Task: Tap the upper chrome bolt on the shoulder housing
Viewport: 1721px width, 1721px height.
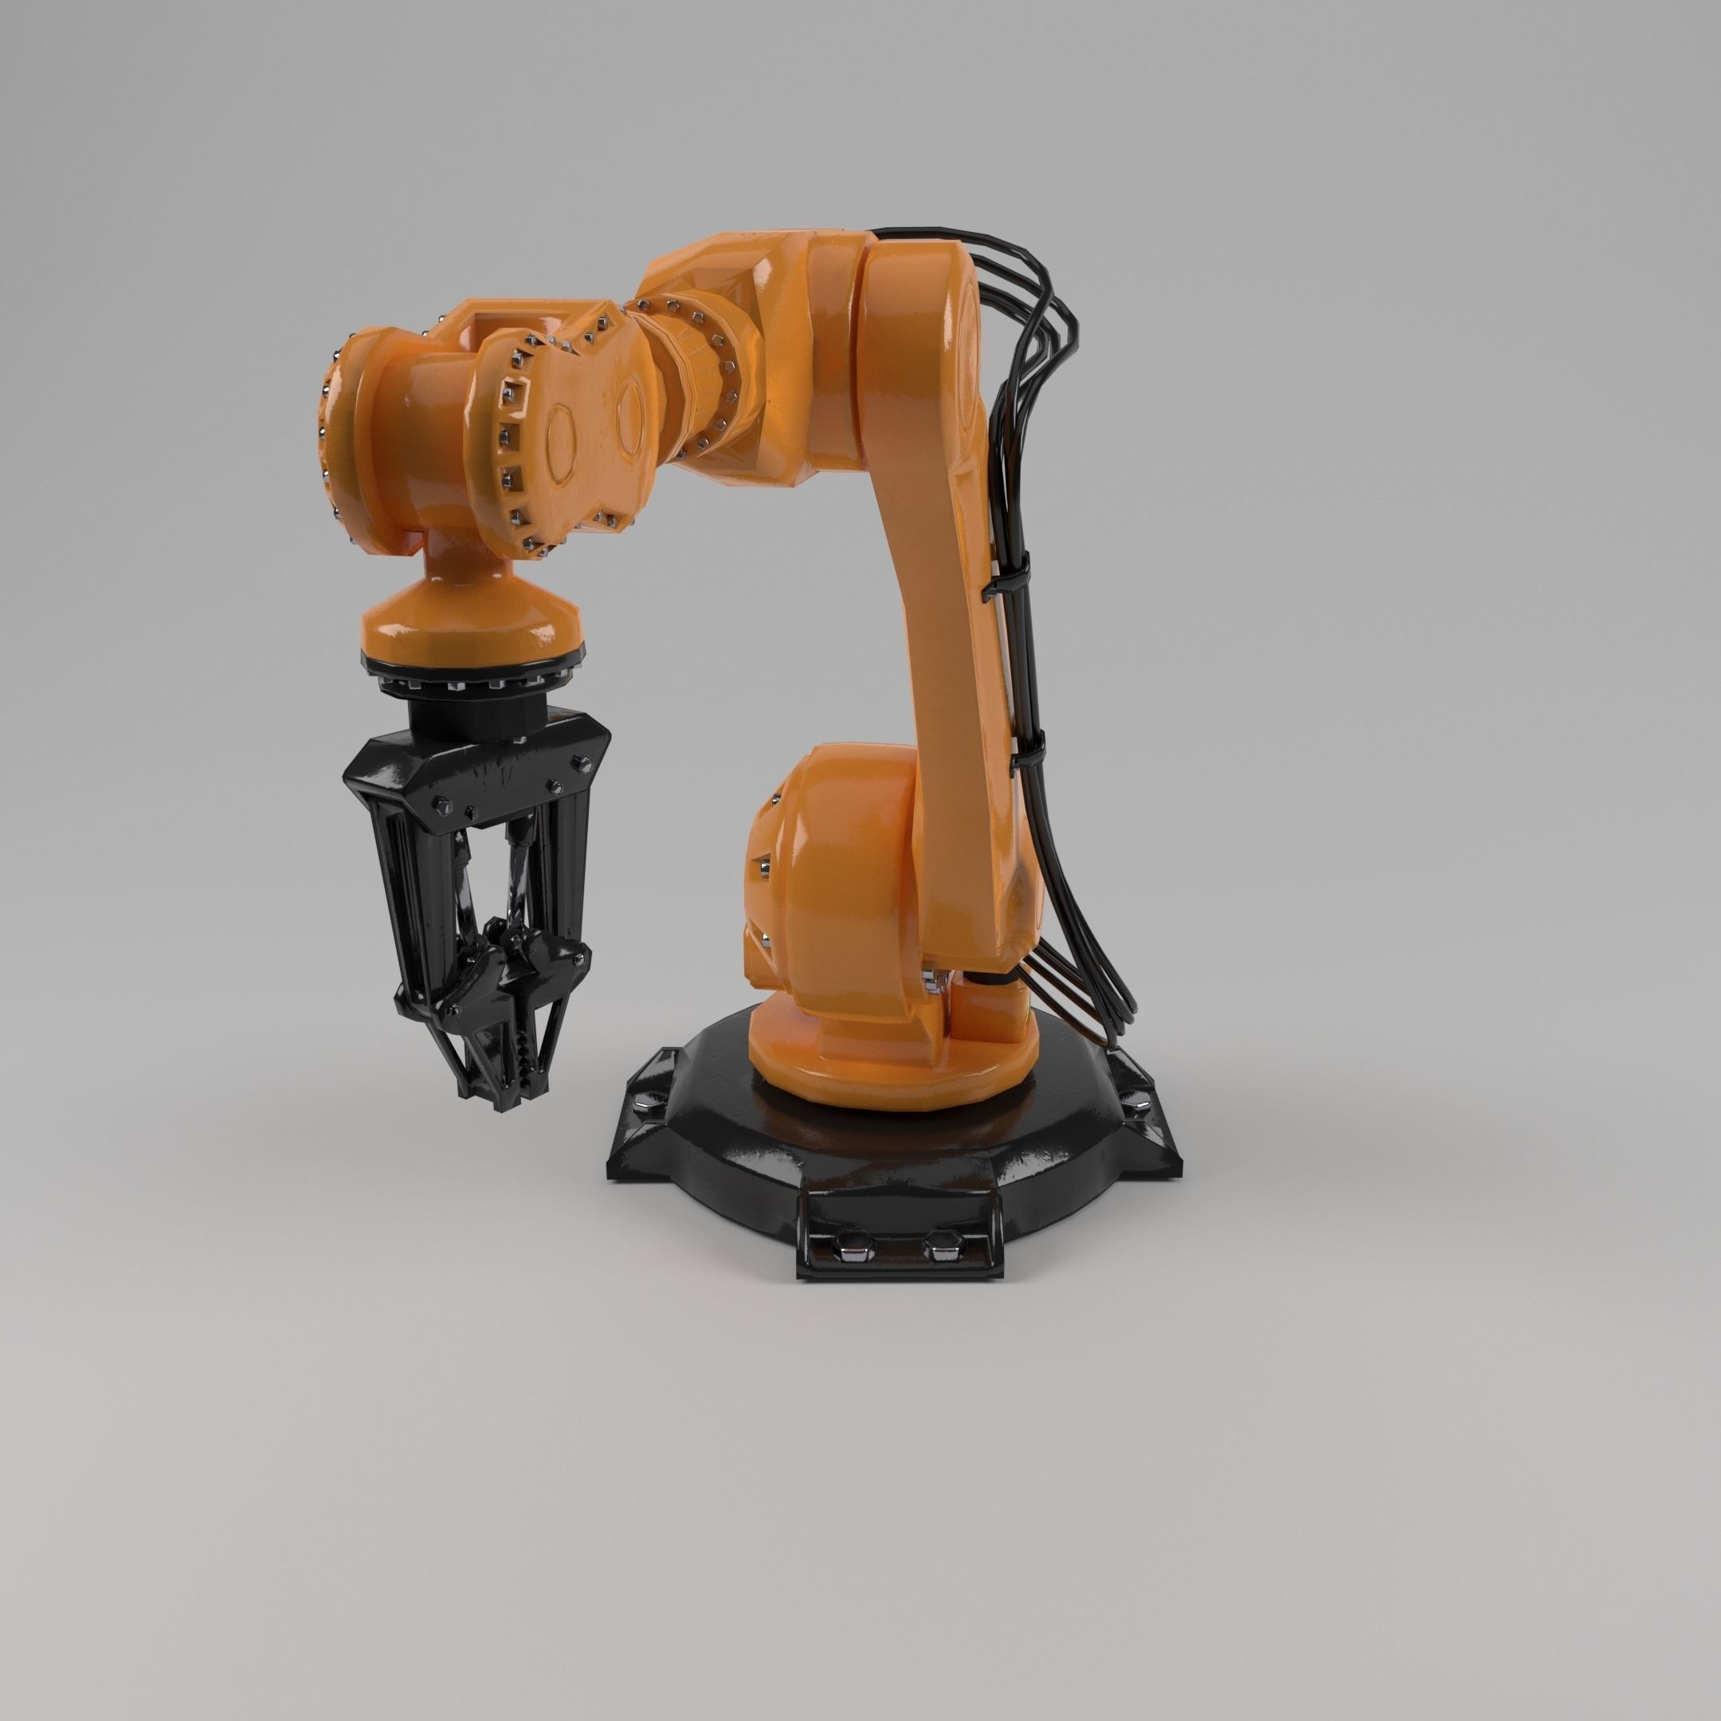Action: tap(765, 864)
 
